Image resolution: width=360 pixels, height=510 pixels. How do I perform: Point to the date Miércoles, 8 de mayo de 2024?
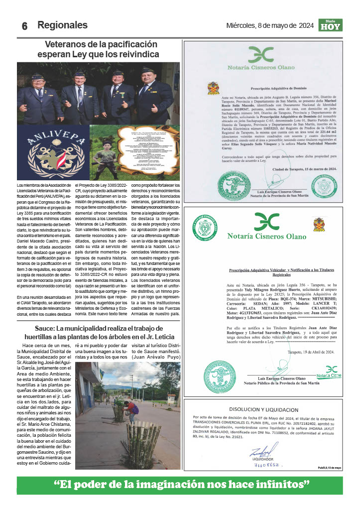[x=270, y=25]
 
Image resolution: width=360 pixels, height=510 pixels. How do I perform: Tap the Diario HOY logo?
[x=330, y=25]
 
